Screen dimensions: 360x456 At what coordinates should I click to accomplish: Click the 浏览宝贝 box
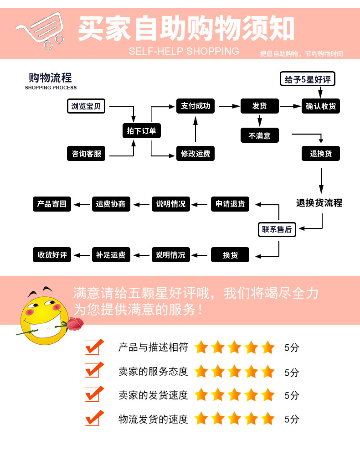(x=86, y=106)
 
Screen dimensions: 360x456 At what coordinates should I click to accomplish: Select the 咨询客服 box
(x=86, y=154)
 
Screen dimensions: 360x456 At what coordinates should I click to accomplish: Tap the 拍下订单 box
(x=141, y=131)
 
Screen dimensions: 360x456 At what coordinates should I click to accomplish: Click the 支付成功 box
(x=195, y=106)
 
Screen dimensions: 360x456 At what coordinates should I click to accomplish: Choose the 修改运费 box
(x=195, y=154)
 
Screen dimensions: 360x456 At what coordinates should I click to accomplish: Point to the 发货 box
(x=259, y=106)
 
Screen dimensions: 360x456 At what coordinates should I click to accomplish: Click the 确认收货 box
(x=321, y=106)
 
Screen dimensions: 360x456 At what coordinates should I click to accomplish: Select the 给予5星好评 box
(x=307, y=80)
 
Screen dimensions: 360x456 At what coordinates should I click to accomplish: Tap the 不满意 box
(x=259, y=135)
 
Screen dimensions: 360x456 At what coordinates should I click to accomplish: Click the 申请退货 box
(x=230, y=204)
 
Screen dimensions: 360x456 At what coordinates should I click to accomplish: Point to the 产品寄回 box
(x=52, y=204)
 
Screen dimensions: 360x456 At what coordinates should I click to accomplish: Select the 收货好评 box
(x=52, y=255)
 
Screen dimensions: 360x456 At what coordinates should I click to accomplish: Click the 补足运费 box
(x=111, y=255)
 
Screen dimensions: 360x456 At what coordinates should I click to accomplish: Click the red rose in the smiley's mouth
(x=76, y=324)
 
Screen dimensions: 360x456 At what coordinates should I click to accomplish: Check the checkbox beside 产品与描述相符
(x=93, y=347)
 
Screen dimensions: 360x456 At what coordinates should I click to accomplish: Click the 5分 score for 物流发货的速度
(x=292, y=419)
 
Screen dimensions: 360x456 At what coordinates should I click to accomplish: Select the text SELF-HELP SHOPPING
(x=184, y=51)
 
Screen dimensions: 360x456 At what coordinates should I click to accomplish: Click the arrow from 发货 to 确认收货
(x=290, y=106)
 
